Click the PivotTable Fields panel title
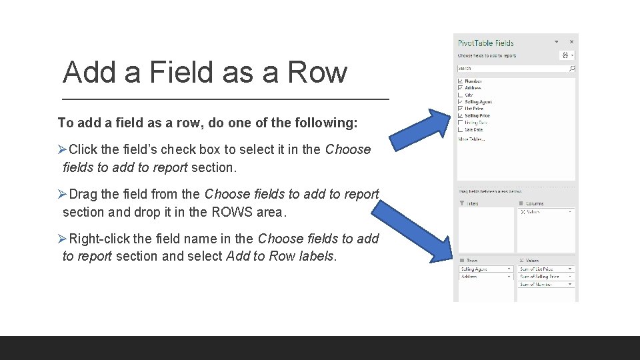pos(485,43)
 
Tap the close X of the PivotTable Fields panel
pos(571,42)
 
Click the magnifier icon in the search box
pos(571,68)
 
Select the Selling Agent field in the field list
pos(478,102)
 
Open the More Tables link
pos(471,139)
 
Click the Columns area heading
pos(533,203)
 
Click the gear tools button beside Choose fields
pos(566,55)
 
